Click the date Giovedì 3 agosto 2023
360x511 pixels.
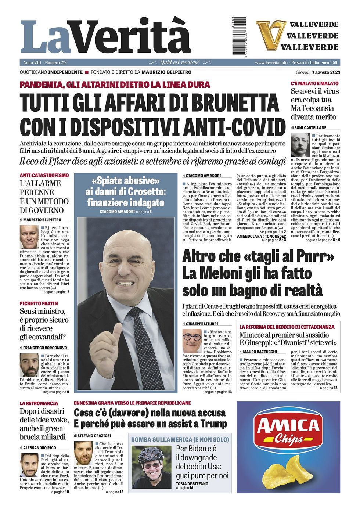(318, 72)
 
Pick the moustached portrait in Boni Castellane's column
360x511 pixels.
(300, 145)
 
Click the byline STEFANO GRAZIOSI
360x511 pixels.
(94, 436)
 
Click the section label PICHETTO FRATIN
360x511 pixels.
(39, 303)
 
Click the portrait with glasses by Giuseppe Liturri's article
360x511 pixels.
(191, 341)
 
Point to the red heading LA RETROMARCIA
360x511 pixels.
(39, 403)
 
